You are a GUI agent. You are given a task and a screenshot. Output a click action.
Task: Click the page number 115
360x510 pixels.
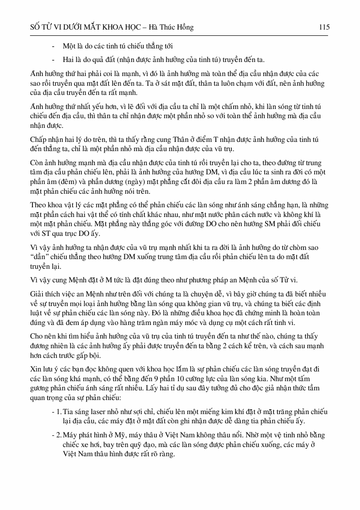point(324,28)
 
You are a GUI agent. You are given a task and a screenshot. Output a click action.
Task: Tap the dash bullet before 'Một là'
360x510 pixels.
point(52,46)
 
